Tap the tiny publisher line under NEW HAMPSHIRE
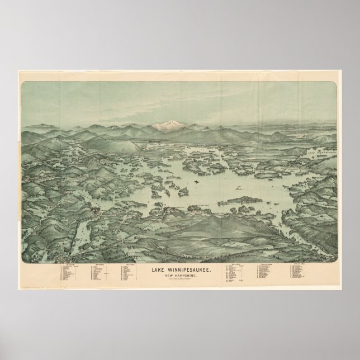tap(179, 280)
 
